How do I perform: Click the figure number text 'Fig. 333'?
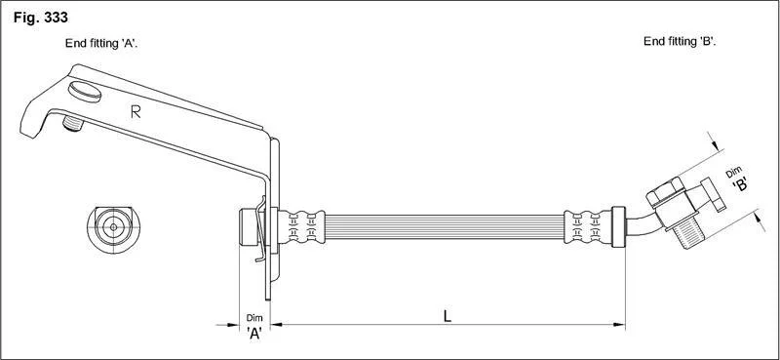tap(41, 18)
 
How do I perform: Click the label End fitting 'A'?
tap(101, 43)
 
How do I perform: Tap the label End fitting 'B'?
tap(680, 42)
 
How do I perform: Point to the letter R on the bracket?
tap(136, 112)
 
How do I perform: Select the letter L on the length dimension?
tap(448, 316)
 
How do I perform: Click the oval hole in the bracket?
tap(85, 92)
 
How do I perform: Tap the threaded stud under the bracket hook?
tap(73, 124)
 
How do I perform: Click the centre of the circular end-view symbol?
tap(113, 227)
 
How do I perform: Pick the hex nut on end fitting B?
tap(664, 192)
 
